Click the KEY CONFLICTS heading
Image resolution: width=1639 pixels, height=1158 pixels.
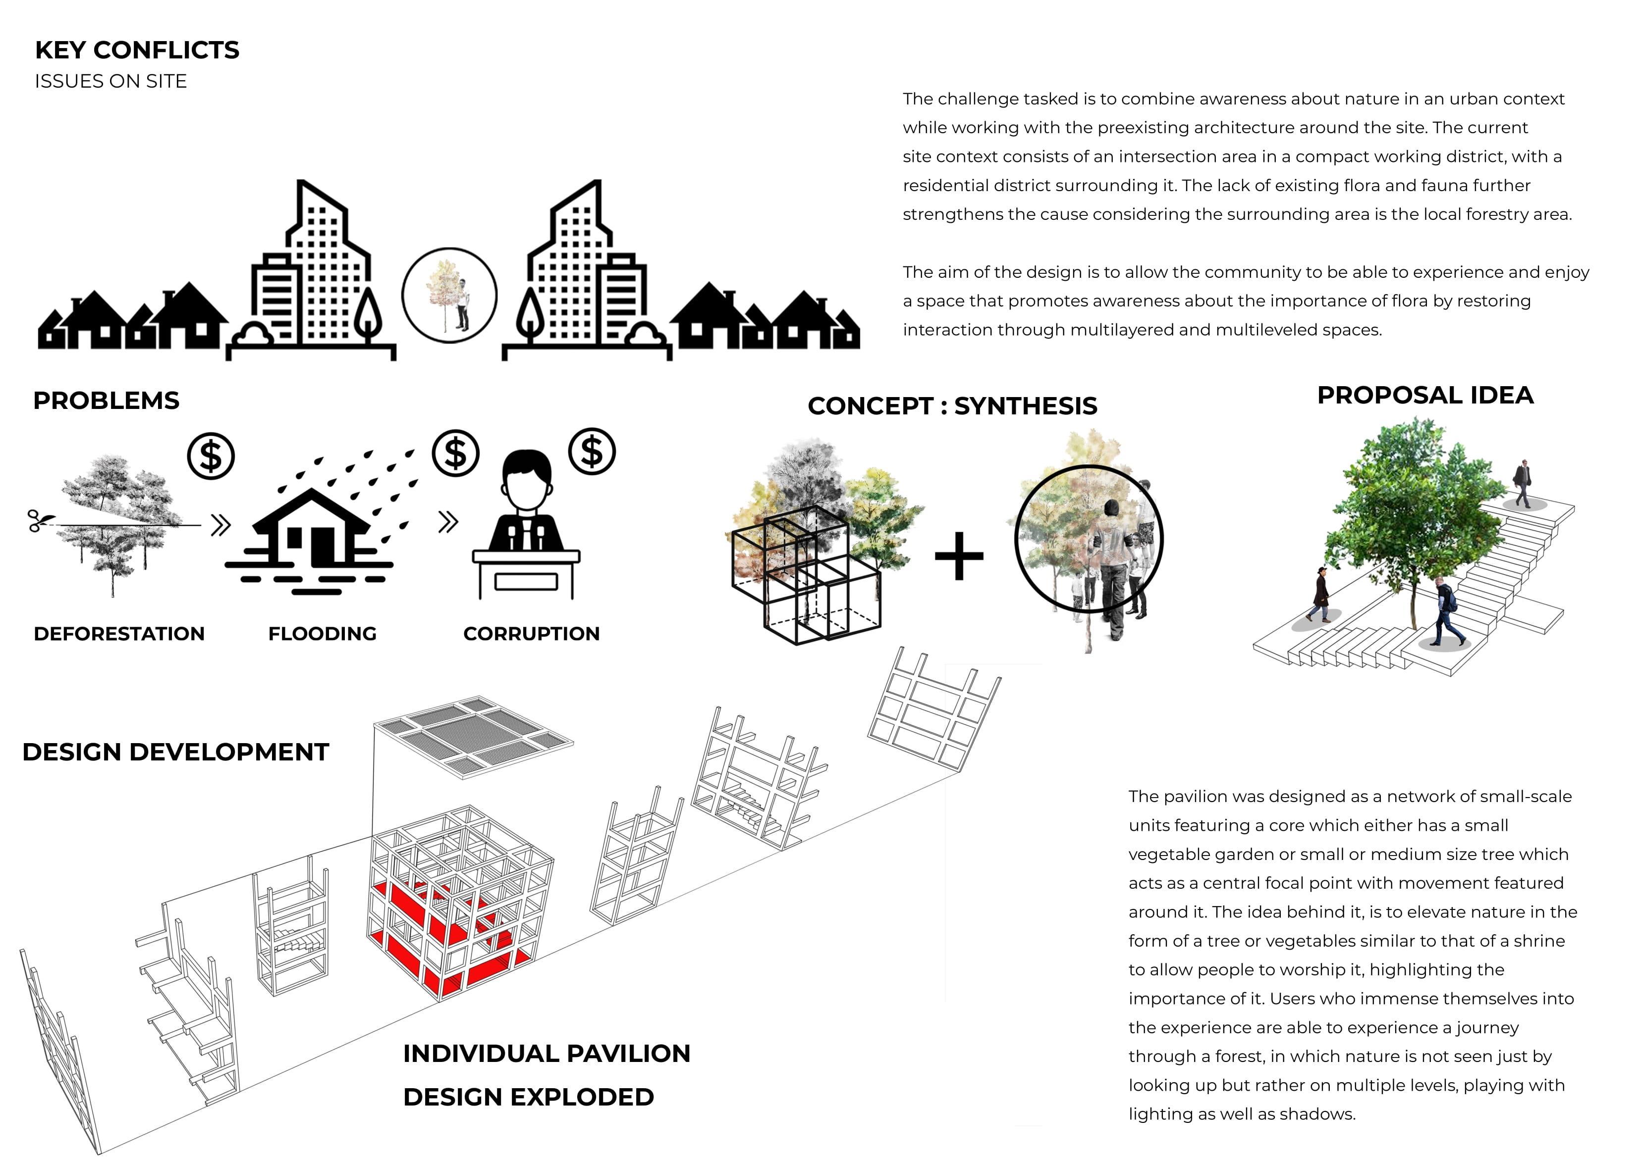point(137,50)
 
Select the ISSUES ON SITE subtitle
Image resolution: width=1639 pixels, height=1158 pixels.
point(110,81)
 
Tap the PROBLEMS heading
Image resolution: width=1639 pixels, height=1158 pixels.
point(107,400)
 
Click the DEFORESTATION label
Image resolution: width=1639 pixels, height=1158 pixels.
point(119,634)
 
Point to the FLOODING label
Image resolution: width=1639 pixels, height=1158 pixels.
point(322,634)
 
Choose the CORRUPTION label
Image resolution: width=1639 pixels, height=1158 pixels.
point(531,634)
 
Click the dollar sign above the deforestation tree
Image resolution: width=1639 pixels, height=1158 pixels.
point(211,455)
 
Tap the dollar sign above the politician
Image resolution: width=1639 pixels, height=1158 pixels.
point(592,451)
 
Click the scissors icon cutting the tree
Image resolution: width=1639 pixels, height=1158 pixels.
point(36,521)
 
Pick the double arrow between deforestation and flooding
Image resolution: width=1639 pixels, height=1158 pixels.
point(220,525)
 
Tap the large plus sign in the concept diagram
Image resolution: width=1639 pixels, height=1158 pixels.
point(959,556)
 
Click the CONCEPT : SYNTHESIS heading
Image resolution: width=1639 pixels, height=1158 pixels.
point(952,406)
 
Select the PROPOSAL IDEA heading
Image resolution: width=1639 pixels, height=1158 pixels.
point(1425,395)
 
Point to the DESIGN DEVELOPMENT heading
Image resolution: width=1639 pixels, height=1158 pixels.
point(175,752)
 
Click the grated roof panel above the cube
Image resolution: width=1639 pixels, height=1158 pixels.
point(473,737)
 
